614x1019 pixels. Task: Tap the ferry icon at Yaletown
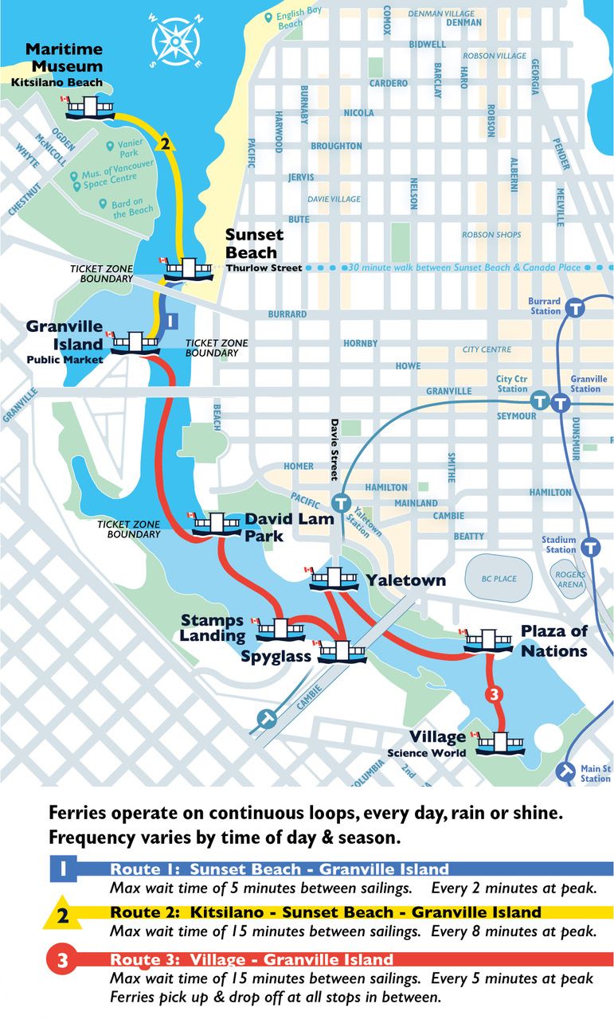[x=334, y=580]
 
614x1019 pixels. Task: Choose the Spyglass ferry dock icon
[x=342, y=651]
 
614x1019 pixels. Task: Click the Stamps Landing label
[x=213, y=627]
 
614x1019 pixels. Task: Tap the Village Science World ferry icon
[x=499, y=743]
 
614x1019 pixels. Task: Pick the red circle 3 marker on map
[x=494, y=694]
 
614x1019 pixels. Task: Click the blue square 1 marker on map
[x=169, y=320]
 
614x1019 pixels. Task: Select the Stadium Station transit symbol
[x=590, y=547]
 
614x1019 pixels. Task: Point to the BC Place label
[x=499, y=579]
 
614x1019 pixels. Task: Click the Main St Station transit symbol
[x=566, y=771]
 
